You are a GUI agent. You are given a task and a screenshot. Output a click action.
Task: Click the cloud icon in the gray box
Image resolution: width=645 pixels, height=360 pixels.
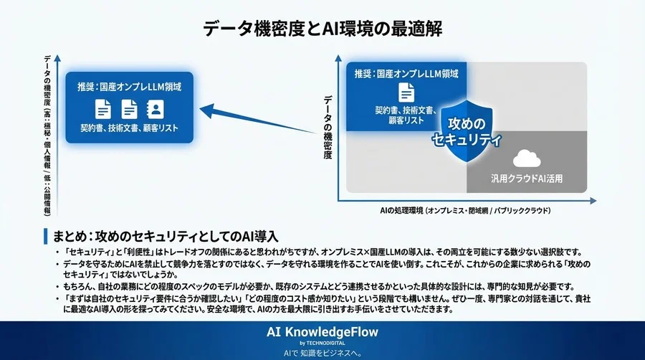(x=527, y=158)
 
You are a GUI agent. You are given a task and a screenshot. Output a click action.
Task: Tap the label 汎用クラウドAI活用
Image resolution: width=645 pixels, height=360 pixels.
(x=527, y=178)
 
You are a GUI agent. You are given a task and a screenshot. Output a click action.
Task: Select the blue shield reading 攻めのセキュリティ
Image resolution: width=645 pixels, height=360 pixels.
(x=467, y=131)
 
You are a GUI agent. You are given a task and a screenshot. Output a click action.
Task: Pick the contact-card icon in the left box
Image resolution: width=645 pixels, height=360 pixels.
(x=155, y=109)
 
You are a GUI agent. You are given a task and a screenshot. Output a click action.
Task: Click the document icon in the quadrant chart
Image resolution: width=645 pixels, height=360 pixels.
(x=406, y=92)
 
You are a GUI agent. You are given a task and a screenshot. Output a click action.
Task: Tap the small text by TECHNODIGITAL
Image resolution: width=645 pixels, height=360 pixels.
(x=322, y=344)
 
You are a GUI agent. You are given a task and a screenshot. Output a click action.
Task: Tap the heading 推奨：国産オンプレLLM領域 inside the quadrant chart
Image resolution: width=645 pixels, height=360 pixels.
(x=406, y=74)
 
